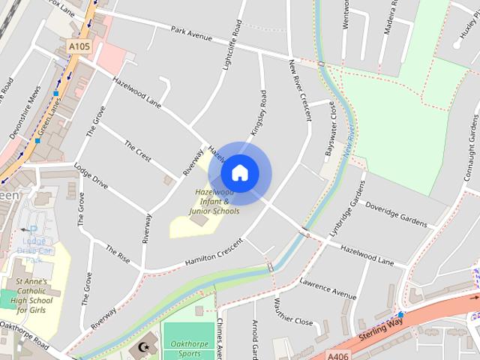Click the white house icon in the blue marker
(x=239, y=172)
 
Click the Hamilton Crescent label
(x=214, y=253)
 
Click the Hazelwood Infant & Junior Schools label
(x=214, y=202)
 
